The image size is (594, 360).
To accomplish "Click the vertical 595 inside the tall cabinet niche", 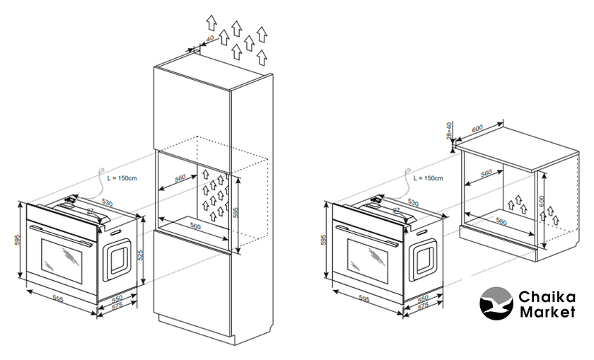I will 238,210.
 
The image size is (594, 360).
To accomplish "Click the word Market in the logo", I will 547,313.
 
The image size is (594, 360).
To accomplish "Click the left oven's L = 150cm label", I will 127,178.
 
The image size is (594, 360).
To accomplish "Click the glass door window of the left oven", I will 62,256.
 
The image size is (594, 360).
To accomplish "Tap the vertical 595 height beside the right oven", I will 325,240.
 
